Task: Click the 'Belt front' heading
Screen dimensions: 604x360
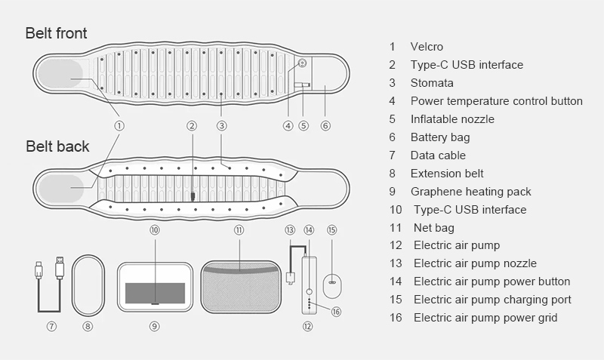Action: (x=56, y=33)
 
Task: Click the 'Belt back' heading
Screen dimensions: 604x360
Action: (x=57, y=146)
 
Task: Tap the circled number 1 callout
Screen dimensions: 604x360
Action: (x=119, y=125)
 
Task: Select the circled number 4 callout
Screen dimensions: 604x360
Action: (x=288, y=125)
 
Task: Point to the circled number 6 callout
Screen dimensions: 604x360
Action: (x=325, y=125)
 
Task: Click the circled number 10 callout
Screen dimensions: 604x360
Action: (x=155, y=230)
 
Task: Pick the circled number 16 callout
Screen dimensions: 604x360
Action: (x=336, y=312)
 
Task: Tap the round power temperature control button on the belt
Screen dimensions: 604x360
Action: (x=303, y=63)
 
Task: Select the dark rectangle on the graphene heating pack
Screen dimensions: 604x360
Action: (x=155, y=293)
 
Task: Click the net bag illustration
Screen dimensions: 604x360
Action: (x=241, y=287)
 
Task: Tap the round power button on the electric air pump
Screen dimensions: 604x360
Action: (x=309, y=291)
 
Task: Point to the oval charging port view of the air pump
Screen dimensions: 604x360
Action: (x=332, y=285)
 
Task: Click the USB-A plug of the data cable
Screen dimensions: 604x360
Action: (x=60, y=268)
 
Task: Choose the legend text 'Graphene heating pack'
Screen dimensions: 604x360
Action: (x=470, y=192)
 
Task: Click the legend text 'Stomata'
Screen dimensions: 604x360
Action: (x=432, y=83)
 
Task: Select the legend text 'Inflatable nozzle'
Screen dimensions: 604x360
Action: (x=452, y=119)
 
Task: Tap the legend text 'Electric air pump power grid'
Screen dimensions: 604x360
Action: (x=485, y=318)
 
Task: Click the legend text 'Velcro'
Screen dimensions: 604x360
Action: (x=427, y=47)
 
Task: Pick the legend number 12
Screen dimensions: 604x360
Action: (x=396, y=245)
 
